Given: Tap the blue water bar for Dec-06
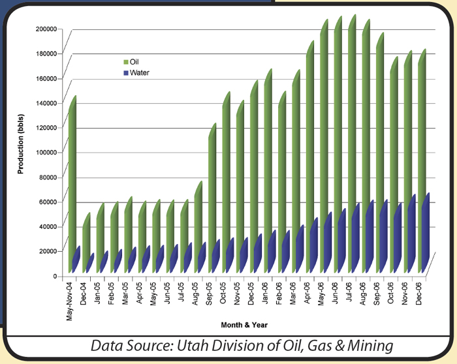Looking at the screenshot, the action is point(426,233).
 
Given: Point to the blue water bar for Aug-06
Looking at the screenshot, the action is point(370,236).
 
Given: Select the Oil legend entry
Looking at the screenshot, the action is point(131,62).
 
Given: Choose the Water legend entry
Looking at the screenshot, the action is point(136,72).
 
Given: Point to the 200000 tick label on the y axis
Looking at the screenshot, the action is point(46,29).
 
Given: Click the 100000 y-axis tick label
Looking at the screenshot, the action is point(46,152).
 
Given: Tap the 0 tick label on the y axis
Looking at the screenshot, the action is point(55,276).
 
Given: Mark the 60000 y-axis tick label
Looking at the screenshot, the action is point(48,202).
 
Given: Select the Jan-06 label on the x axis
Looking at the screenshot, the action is point(265,293).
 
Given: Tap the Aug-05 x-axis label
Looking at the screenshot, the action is point(195,294).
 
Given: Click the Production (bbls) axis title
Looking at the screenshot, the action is point(20,144).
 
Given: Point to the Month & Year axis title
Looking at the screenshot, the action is point(244,325).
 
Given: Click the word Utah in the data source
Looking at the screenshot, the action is point(192,346).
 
